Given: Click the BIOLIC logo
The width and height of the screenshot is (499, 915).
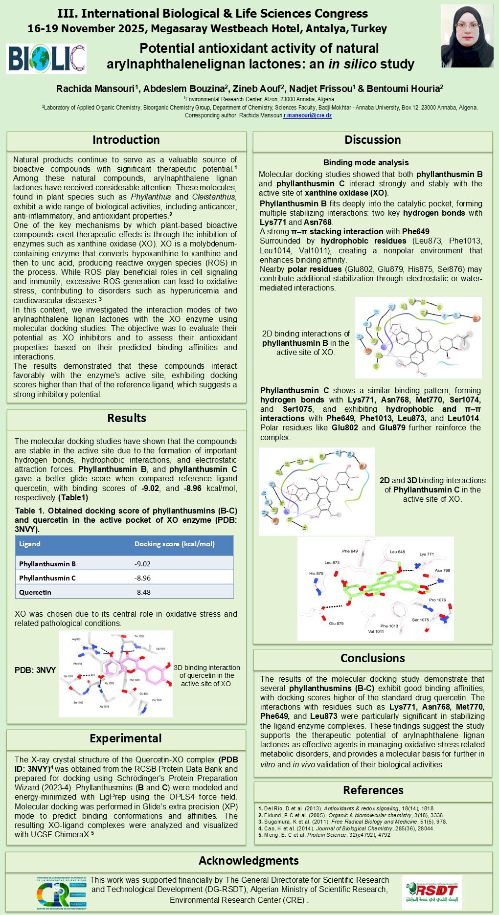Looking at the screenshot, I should (x=46, y=59).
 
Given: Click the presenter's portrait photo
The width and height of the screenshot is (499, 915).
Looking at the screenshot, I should (x=467, y=36).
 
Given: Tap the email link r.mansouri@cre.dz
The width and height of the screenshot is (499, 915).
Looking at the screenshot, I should (x=308, y=116).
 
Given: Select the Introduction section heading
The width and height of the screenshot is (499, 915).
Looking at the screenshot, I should (x=126, y=140).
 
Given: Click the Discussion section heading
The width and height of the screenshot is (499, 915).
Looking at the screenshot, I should (x=372, y=140).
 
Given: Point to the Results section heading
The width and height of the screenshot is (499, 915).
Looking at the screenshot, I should (x=127, y=418).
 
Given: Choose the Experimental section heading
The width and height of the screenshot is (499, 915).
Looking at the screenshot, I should (x=126, y=738).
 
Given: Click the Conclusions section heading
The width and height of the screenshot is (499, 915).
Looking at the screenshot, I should (x=372, y=658).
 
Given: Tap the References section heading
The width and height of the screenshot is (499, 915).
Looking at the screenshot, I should (x=373, y=790).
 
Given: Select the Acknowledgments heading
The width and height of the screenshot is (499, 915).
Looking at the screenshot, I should (x=249, y=861).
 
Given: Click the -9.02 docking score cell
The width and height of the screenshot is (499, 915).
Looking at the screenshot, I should (x=143, y=564).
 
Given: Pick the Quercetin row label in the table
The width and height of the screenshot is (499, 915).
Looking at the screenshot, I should (x=35, y=592).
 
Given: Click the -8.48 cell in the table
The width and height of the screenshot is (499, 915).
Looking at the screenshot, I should (x=143, y=592).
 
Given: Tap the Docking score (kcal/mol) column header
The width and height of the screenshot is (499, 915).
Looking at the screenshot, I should (x=175, y=544).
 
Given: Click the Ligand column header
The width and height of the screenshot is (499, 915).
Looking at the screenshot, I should (x=30, y=544).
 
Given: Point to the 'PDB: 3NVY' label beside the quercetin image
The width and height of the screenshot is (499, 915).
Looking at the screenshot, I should (x=35, y=670).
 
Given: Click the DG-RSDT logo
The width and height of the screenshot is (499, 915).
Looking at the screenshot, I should (x=431, y=892).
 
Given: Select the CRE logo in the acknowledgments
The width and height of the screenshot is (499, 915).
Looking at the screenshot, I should (x=61, y=893).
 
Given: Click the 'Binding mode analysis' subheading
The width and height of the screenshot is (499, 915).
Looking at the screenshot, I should (x=366, y=163).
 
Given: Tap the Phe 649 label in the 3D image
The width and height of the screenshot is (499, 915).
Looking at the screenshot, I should (x=350, y=551).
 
